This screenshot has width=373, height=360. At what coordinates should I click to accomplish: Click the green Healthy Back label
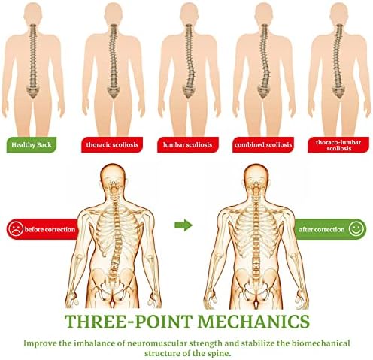[x=32, y=144]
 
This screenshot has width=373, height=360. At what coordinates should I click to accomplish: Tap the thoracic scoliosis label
[x=112, y=144]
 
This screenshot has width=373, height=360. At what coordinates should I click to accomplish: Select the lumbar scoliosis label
[x=188, y=144]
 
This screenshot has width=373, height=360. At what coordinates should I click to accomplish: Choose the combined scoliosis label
[x=263, y=144]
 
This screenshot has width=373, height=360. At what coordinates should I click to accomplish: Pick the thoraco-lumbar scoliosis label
[x=338, y=144]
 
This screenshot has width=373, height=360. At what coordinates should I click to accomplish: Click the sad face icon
[x=16, y=229]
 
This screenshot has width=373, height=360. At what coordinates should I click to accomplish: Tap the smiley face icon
[x=356, y=229]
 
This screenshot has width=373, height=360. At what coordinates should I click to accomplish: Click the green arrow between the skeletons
[x=183, y=225]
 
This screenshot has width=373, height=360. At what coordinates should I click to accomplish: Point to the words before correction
[x=50, y=229]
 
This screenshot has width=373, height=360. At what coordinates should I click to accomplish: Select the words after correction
[x=322, y=229]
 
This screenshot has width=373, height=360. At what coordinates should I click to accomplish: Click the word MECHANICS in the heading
[x=253, y=322]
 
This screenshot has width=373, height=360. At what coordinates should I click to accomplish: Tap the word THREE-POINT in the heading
[x=129, y=322]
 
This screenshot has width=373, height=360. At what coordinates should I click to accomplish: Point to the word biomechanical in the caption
[x=320, y=343]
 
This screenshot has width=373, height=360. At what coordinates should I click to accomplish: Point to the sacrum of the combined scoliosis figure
[x=263, y=92]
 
